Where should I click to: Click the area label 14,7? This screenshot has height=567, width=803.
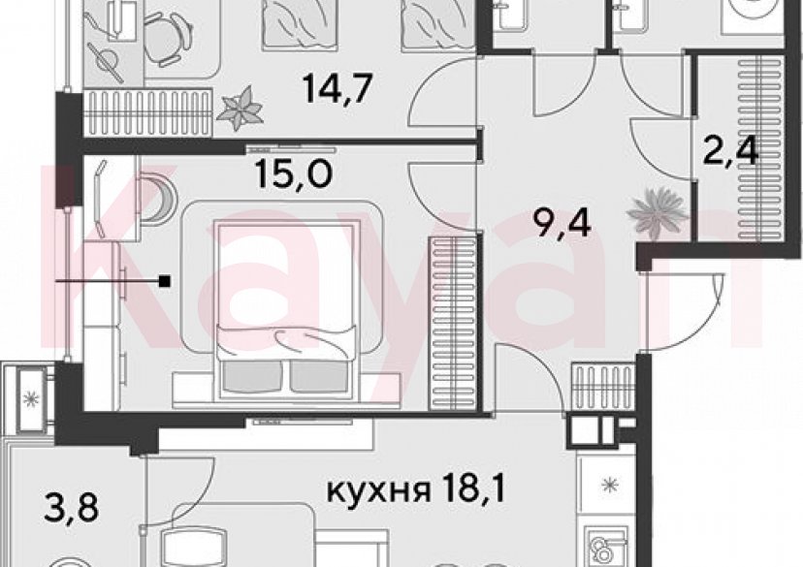[337, 89]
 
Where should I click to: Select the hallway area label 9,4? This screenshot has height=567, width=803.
[562, 224]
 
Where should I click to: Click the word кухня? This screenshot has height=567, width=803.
[378, 490]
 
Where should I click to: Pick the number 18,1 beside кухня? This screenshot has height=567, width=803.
[471, 488]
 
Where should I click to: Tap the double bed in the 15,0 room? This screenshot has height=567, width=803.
[286, 308]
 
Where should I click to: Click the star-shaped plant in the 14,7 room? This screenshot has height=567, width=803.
[240, 108]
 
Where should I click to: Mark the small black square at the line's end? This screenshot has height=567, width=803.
[165, 281]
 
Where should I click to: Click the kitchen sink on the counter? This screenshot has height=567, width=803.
[607, 549]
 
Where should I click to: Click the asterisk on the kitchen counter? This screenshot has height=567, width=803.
[609, 484]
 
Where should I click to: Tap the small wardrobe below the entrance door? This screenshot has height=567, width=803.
[603, 388]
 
